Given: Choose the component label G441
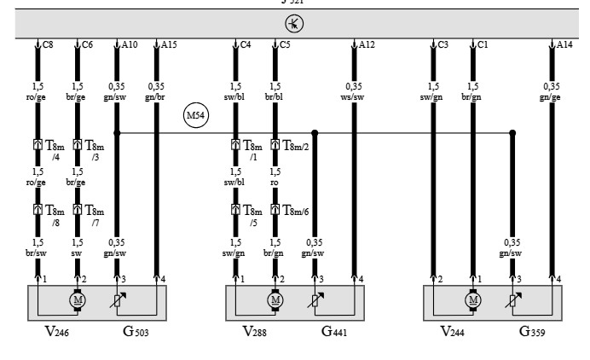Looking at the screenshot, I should [x=333, y=332].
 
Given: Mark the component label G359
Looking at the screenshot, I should [x=530, y=332].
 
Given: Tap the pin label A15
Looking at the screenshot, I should [x=170, y=44].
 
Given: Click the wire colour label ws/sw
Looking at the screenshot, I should [x=354, y=96].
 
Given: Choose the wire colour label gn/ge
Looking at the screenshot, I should [x=552, y=96].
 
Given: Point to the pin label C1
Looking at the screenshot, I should [x=483, y=44].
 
